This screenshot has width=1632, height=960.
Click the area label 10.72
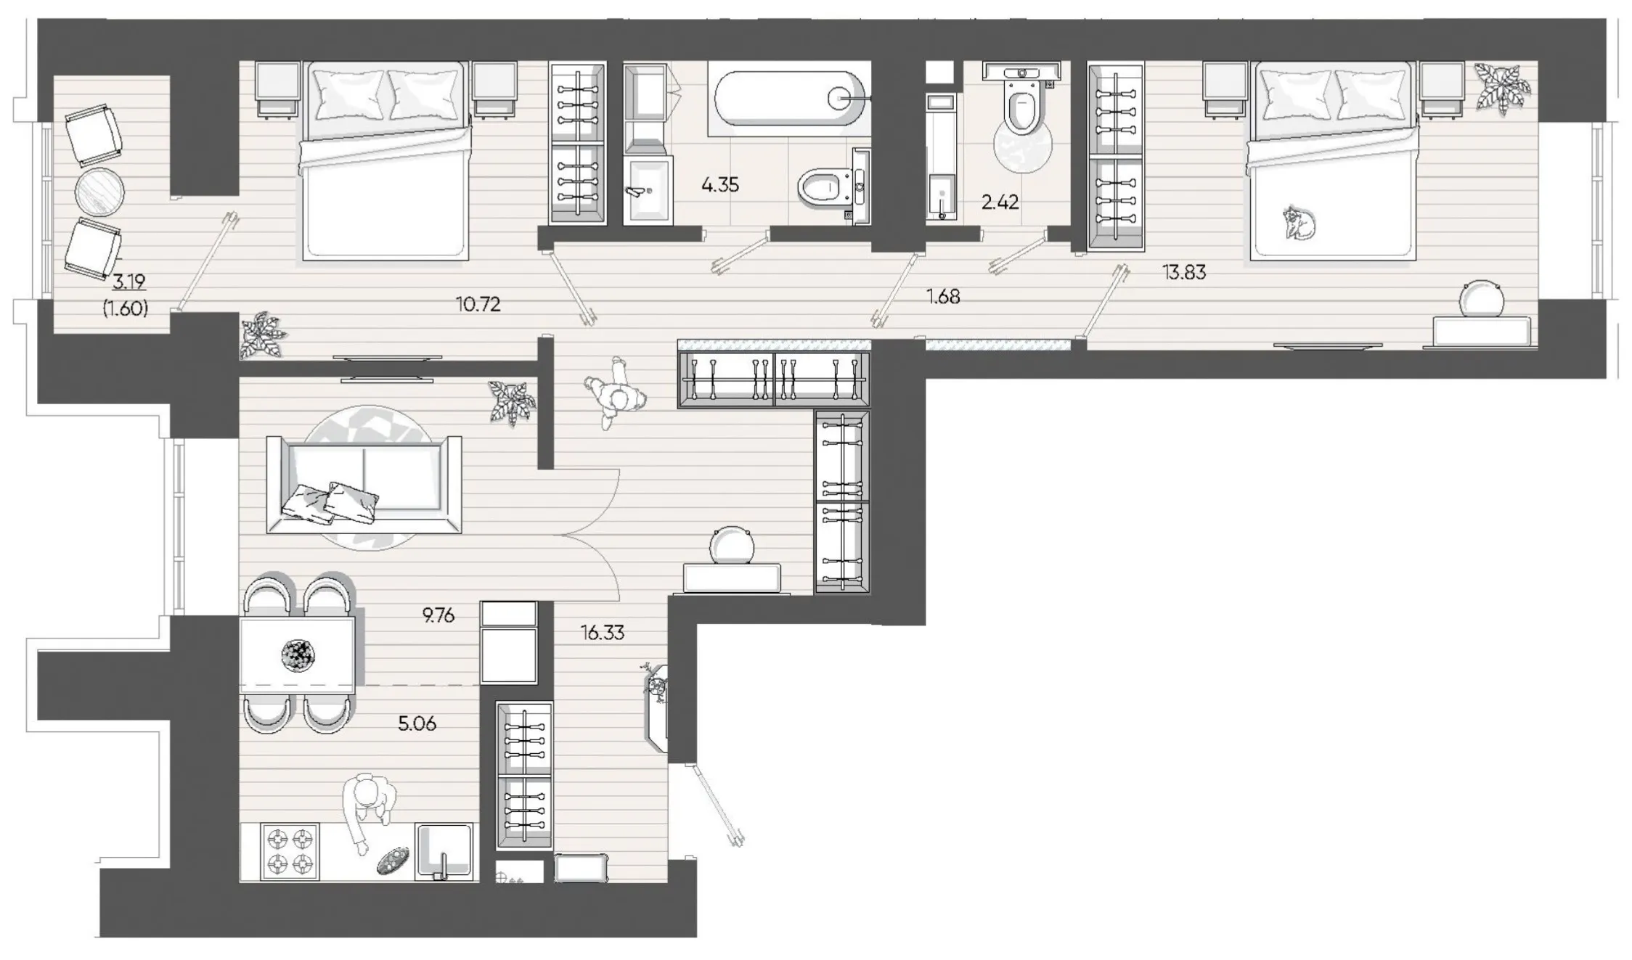[478, 305]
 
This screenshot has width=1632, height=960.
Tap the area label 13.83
[1184, 272]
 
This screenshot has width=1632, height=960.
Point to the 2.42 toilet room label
[1000, 202]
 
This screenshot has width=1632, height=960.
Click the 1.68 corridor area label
[943, 296]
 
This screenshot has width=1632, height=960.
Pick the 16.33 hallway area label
[602, 633]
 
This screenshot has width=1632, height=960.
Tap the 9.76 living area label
[438, 615]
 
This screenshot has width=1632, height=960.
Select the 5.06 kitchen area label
[417, 723]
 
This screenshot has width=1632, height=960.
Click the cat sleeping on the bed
[1300, 223]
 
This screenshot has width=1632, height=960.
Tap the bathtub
[789, 99]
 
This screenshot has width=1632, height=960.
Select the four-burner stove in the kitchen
[289, 852]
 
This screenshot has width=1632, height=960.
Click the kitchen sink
[444, 851]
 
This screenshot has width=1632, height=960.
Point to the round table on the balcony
[99, 192]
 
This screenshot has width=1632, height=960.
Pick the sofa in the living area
[364, 485]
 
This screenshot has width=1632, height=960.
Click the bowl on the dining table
[298, 655]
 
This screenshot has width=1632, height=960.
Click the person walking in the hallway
[614, 393]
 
